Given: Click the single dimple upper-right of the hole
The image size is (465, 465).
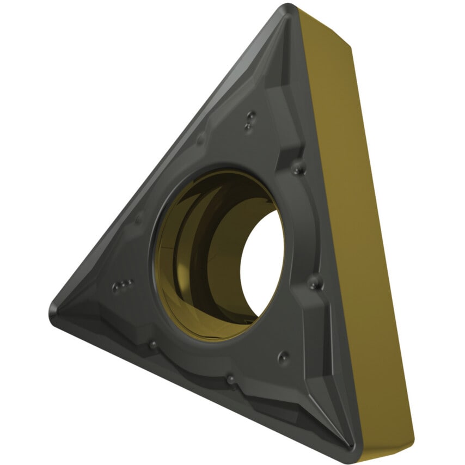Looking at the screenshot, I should [298, 167].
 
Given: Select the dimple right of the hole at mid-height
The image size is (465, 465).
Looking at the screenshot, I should [315, 282].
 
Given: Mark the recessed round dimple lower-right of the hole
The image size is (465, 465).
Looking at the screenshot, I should [283, 357].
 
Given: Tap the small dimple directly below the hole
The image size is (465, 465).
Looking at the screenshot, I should [231, 377].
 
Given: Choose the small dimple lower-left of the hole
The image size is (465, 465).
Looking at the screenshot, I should [153, 345].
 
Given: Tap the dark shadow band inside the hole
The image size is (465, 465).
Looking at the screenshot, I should [218, 245].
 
